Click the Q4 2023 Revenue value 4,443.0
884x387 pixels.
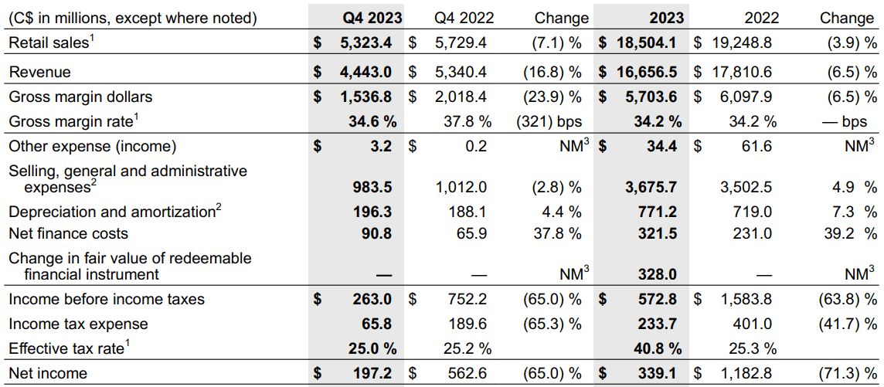tap(366, 72)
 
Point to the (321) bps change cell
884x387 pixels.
tap(548, 121)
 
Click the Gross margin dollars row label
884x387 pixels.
tap(80, 97)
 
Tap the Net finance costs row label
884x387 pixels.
tap(68, 233)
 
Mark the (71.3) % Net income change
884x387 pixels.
tap(847, 373)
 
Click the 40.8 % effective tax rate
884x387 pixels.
tap(656, 348)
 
